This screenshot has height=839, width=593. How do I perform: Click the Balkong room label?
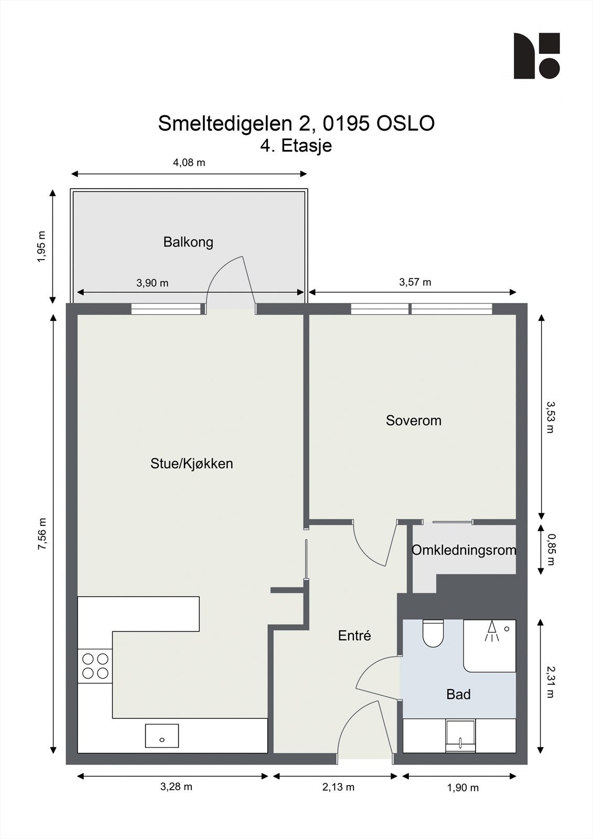[188, 242]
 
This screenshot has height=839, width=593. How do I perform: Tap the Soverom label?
[414, 421]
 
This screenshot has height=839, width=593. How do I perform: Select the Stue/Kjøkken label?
[191, 464]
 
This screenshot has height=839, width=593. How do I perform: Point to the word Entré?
[354, 635]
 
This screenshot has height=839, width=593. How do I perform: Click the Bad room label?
[458, 694]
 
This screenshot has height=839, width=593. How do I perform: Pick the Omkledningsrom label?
[464, 550]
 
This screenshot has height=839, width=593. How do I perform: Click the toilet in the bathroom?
[433, 633]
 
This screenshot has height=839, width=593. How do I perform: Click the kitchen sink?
[162, 736]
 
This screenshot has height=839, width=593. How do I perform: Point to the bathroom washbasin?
[460, 735]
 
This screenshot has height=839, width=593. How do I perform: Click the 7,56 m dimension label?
[42, 534]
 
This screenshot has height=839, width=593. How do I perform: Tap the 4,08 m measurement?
[189, 163]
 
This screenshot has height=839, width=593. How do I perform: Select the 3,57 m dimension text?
[415, 282]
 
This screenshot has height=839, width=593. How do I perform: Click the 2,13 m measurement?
[338, 787]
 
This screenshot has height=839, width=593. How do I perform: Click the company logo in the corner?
[537, 56]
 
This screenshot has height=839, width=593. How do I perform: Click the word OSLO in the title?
[405, 124]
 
